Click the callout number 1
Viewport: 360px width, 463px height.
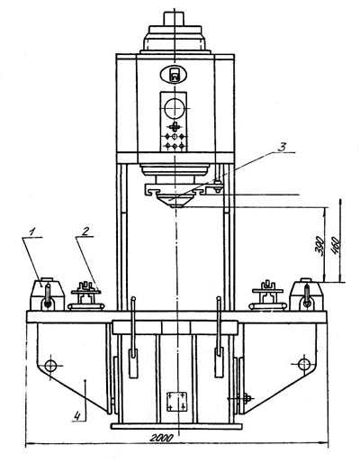32,231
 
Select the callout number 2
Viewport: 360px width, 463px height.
85,231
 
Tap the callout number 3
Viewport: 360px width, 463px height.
282,147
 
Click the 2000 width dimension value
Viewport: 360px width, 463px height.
161,438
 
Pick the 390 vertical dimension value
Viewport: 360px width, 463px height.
320,246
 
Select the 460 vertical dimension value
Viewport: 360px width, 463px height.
335,246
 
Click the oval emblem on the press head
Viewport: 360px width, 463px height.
174,74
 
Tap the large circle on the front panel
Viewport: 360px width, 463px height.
175,108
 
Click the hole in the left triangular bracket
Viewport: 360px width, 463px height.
50,366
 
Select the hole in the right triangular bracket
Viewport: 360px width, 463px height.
304,365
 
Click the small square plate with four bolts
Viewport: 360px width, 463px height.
177,402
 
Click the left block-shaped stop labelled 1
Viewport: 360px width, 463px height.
47,295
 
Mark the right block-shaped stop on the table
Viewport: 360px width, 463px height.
306,294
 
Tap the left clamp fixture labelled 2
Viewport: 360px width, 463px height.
86,295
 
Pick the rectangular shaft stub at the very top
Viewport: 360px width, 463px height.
174,19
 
